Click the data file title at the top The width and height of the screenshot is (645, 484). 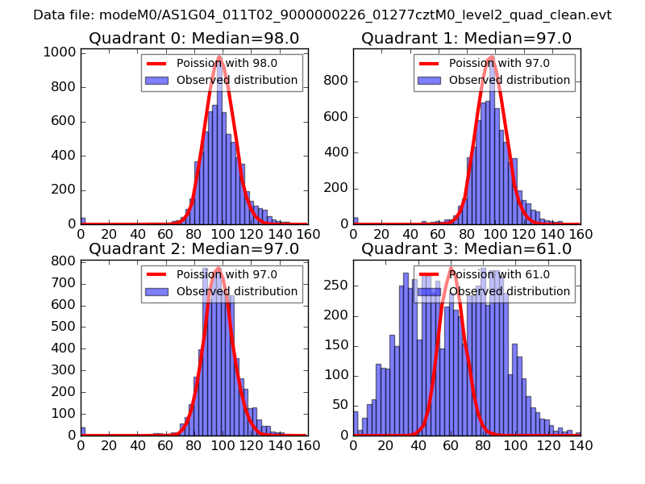coord(322,15)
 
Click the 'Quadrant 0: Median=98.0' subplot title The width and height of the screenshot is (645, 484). coord(193,38)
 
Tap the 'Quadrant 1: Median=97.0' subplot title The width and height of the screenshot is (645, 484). coord(466,38)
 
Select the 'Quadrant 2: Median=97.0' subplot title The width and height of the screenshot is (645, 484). coord(193,248)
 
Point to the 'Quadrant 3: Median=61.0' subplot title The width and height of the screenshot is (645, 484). coord(466,248)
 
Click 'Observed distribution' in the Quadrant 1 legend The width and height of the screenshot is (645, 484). coord(509,80)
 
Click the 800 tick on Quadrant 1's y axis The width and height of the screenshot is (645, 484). coord(340,81)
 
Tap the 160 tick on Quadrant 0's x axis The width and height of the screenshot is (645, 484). coord(307,233)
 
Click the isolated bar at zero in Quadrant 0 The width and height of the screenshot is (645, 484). coord(82,220)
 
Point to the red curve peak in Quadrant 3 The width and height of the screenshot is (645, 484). coord(451,269)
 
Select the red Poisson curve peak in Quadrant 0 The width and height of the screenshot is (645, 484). coord(219,58)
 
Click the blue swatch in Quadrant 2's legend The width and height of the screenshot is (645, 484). coord(156,291)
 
